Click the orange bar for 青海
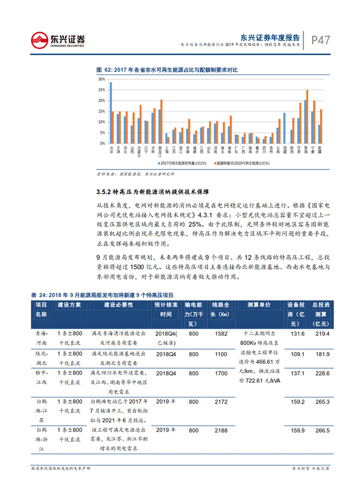(x=307, y=117)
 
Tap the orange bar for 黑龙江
(x=161, y=121)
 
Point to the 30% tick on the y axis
(x=101, y=80)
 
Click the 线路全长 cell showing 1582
(x=220, y=334)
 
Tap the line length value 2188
(x=220, y=431)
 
